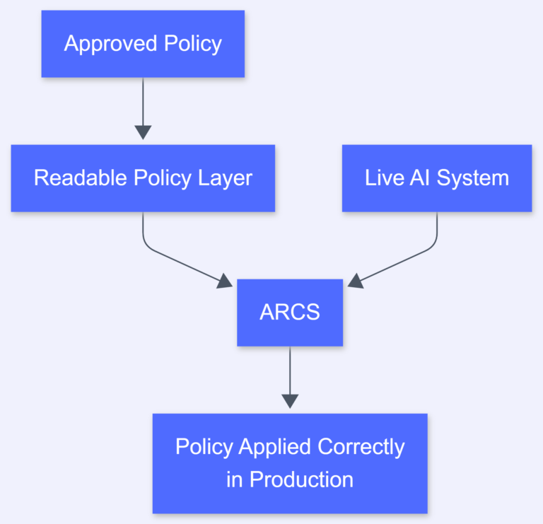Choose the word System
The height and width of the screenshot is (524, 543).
click(473, 178)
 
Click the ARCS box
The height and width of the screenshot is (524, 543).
click(290, 313)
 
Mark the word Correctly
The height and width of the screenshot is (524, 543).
click(361, 447)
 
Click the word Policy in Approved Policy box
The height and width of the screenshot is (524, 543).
click(193, 44)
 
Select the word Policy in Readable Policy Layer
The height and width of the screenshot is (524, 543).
click(163, 178)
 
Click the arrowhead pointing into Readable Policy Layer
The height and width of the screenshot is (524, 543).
click(143, 132)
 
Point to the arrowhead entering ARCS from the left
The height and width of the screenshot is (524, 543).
click(225, 281)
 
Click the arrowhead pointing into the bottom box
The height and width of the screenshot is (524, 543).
click(290, 401)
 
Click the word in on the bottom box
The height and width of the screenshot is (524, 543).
click(234, 479)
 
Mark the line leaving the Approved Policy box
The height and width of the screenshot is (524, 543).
click(143, 99)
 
